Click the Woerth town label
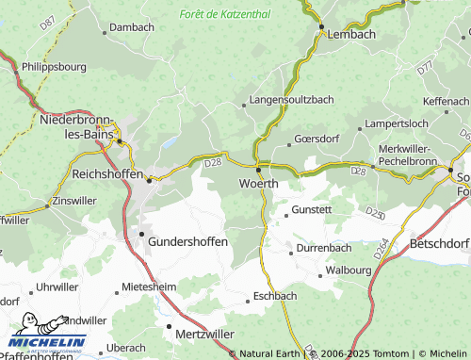point(258,183)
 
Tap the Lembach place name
point(351,34)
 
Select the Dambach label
point(131,28)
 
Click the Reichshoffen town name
point(107,174)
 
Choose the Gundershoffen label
point(187,241)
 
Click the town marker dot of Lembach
point(321,26)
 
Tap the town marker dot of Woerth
point(258,170)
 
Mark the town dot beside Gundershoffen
point(142,233)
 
